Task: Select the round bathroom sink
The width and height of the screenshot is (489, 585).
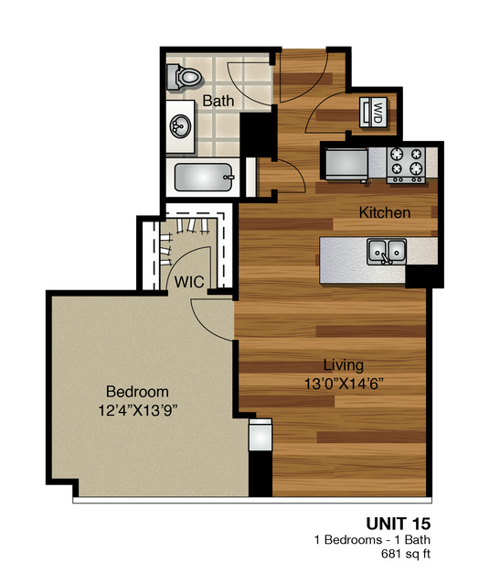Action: click(x=180, y=128)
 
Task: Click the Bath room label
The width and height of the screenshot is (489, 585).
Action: click(x=218, y=101)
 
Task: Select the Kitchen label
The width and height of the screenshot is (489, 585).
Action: click(x=384, y=213)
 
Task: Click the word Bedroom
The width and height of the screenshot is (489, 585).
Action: click(x=136, y=391)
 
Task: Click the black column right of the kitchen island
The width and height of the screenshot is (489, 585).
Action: click(x=422, y=276)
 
